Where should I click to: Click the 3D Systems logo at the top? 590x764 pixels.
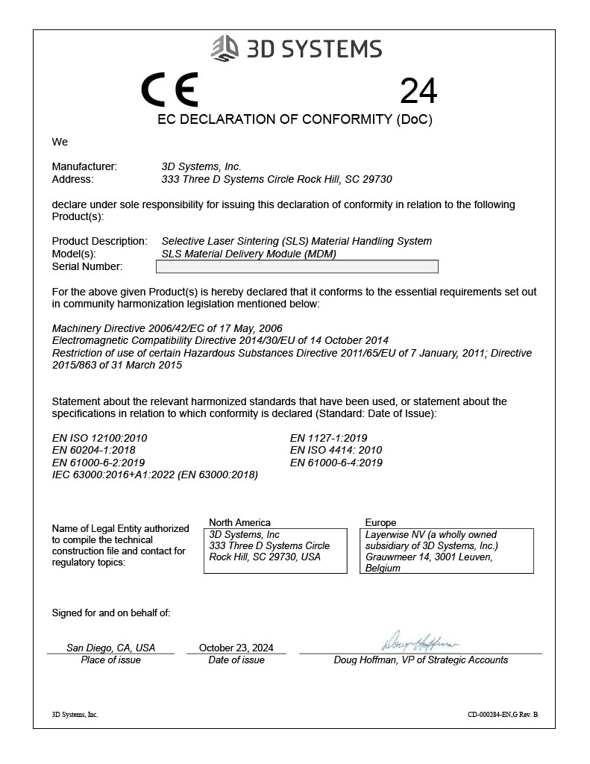coord(296,48)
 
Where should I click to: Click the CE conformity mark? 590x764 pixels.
coord(170,90)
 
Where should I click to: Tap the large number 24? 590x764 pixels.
coord(418,91)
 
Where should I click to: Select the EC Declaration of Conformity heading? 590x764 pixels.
coord(295,119)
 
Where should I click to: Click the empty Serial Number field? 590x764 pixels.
coord(299,266)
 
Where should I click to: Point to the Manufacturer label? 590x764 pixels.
coord(84,166)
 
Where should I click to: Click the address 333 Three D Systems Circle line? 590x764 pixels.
coord(277,179)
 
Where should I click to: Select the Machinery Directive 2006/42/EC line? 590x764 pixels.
coord(167,328)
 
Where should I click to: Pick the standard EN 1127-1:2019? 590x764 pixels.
coord(328,438)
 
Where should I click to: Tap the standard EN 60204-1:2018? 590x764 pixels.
coord(93,450)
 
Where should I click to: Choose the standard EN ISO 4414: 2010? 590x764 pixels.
coord(336,450)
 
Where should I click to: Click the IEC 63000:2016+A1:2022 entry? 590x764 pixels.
coord(154,475)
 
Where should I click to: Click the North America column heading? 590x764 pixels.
coord(239,522)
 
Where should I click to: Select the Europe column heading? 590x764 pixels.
coord(380,522)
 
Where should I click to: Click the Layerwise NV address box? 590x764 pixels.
coord(449,551)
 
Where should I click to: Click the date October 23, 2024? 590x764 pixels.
coord(236,648)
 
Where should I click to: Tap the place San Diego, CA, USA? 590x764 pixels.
coord(110,648)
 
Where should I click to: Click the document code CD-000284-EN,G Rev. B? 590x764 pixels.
coord(502,715)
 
